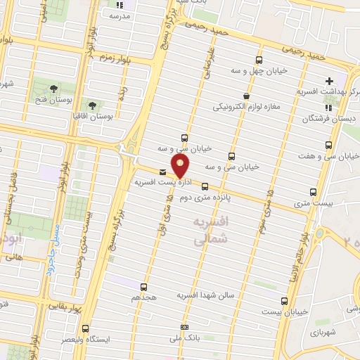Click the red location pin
point(181,167)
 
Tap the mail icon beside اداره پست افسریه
point(163,172)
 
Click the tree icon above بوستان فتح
point(54,88)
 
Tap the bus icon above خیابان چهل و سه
point(259,60)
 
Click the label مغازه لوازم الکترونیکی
point(245,107)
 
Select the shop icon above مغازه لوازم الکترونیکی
point(245,96)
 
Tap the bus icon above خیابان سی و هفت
point(329,145)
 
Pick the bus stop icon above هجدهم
point(143,287)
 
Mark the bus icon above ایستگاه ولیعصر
point(86,328)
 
